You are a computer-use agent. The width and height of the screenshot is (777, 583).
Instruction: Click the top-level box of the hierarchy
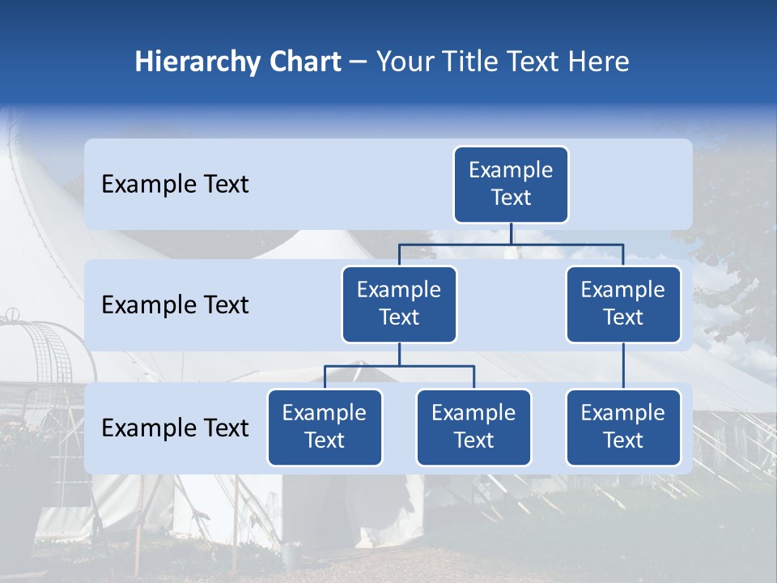click(511, 185)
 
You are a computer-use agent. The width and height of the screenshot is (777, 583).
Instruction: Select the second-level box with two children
click(399, 304)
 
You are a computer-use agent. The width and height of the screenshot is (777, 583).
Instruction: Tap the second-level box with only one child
click(623, 304)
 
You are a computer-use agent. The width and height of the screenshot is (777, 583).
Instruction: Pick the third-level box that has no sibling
click(623, 428)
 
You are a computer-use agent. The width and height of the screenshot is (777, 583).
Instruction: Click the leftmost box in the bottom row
click(325, 428)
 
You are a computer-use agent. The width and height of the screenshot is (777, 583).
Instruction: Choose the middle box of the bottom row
click(473, 428)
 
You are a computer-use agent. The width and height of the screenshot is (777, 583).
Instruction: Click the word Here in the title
click(598, 62)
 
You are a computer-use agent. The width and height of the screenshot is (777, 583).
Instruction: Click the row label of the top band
click(175, 185)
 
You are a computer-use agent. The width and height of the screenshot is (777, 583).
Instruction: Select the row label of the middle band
click(175, 305)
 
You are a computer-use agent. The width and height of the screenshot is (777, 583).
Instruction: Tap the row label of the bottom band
click(175, 428)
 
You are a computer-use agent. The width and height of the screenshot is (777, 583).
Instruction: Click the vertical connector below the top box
click(511, 233)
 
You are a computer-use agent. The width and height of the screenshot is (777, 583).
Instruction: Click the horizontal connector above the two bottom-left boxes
click(399, 366)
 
